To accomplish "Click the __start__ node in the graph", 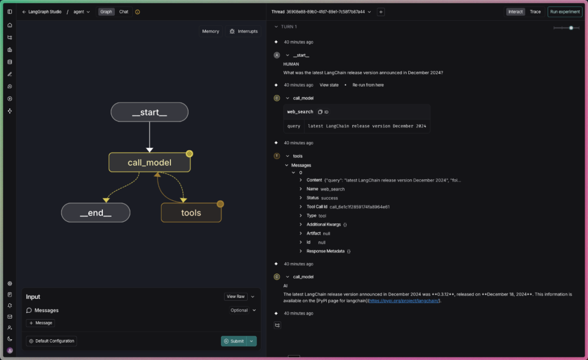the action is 149,112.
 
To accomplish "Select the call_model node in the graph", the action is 149,162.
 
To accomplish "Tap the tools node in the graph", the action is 191,212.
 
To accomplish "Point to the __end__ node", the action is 96,212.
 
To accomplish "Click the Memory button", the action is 210,31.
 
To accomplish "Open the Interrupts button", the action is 243,31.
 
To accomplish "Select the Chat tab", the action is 124,11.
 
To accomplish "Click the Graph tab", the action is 106,11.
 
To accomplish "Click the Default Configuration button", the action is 51,341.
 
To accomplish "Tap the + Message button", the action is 40,323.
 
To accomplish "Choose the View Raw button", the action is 236,297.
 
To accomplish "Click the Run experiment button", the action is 565,11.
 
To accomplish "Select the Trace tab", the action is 535,11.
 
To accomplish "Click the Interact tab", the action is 515,11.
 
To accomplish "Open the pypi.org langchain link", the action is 403,301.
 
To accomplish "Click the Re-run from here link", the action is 368,85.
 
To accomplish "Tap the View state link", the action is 329,85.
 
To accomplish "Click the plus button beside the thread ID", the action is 381,11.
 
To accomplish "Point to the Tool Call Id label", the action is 317,206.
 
